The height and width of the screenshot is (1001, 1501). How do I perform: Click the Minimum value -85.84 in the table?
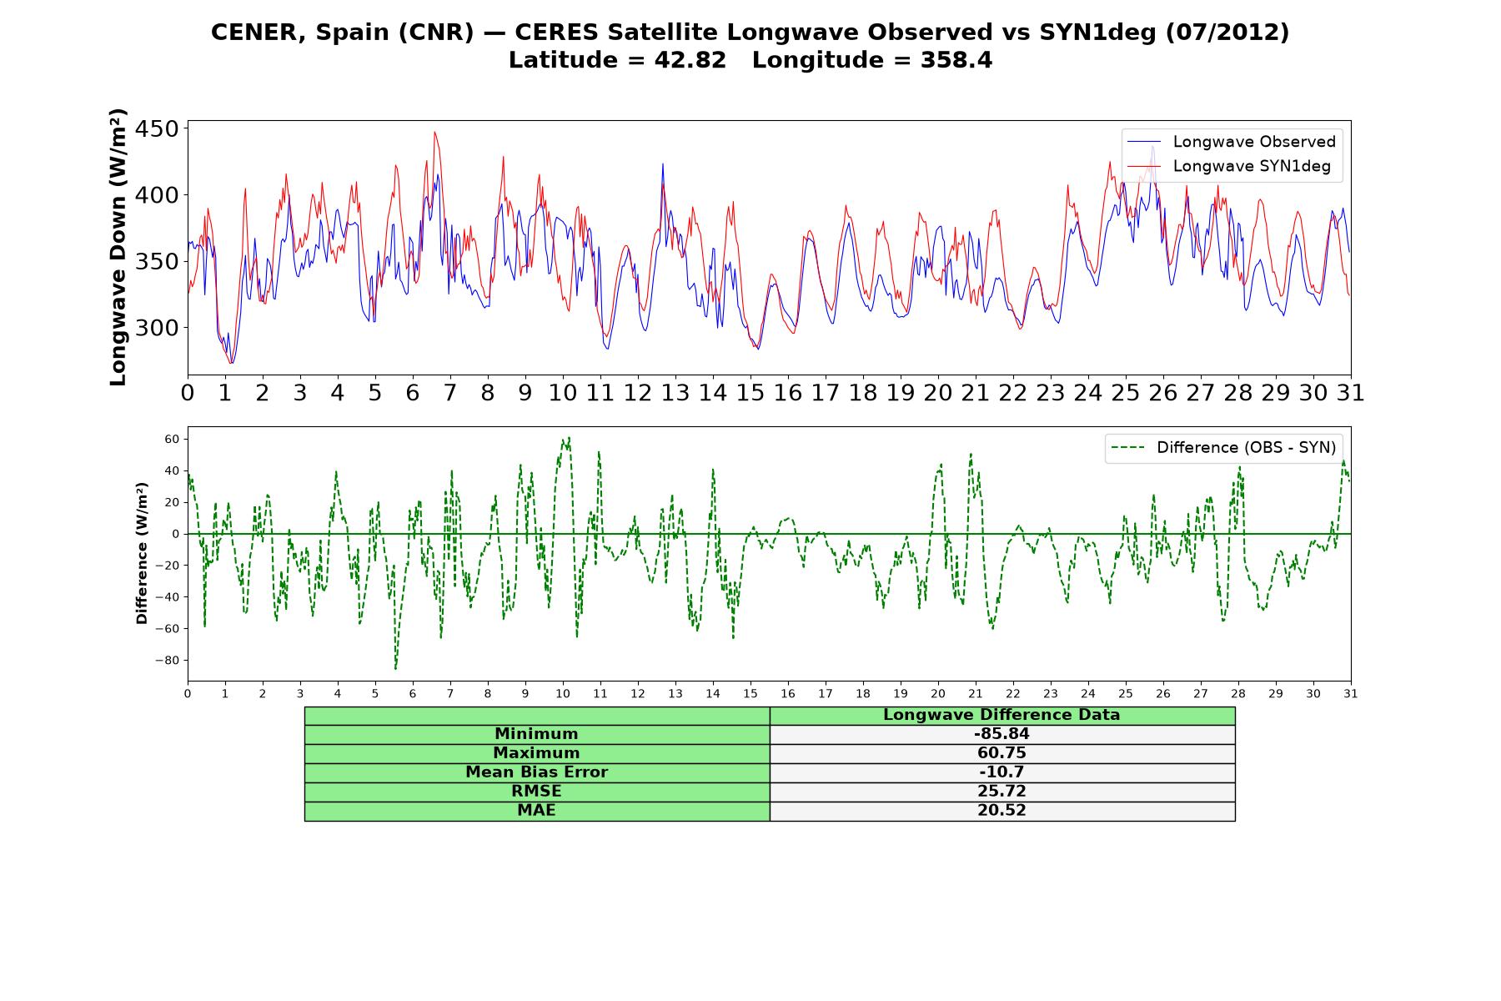point(1002,734)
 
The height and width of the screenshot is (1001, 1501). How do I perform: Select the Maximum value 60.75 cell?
point(1002,753)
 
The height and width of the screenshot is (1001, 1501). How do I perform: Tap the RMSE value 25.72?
point(1002,792)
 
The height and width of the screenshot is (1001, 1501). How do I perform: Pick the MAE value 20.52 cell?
point(1002,811)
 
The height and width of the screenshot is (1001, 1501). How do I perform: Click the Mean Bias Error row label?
point(536,772)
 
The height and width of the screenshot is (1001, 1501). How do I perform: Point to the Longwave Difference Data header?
point(1002,715)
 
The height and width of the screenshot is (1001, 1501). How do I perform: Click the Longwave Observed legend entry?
point(1231,142)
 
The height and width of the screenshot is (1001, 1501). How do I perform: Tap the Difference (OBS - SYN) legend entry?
point(1223,448)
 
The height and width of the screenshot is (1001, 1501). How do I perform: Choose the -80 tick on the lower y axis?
point(167,661)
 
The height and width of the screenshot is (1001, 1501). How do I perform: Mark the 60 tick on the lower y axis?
point(173,439)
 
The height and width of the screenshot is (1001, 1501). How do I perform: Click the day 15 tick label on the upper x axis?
point(750,393)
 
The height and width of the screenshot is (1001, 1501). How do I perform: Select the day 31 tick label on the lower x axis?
point(1350,693)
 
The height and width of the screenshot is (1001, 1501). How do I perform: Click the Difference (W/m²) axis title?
point(142,553)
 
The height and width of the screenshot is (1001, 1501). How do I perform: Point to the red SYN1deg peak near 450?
point(434,133)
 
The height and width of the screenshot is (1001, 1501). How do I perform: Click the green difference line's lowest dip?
point(395,668)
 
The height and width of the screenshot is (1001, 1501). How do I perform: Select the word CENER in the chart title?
point(259,32)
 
